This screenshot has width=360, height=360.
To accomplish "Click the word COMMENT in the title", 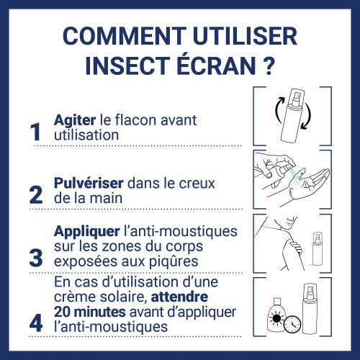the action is point(125,36).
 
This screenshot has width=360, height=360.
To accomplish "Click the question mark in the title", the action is point(267,66).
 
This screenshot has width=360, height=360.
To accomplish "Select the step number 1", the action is point(35,132).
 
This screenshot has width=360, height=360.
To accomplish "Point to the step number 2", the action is point(36,194).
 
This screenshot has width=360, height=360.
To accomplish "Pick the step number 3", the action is point(36,258).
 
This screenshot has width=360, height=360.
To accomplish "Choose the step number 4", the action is point(36,323).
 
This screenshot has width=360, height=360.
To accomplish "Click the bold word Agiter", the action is point(75,121).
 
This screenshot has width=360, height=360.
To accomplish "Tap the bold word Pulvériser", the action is point(89,183).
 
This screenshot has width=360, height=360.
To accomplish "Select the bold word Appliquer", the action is point(87,233).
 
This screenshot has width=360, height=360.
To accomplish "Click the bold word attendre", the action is point(179,297).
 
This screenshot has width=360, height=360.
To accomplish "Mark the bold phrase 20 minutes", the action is point(90,312).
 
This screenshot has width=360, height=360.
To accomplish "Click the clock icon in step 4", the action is point(292,325).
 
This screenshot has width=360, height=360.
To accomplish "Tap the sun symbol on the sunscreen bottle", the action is point(276,318).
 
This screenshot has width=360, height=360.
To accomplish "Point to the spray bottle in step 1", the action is point(292,116).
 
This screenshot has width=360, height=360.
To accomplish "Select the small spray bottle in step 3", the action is point(318,248).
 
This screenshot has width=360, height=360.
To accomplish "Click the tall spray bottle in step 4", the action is point(310,309).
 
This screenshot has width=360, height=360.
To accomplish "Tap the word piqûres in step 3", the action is point(174,262).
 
